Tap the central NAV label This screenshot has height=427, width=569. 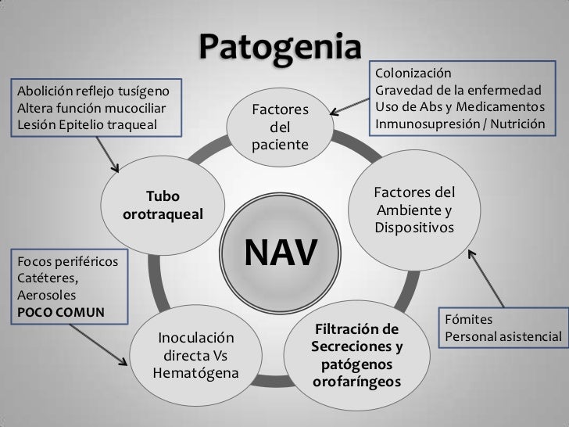[282, 252]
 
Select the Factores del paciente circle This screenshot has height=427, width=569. [281, 126]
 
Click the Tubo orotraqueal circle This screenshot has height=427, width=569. [163, 204]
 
